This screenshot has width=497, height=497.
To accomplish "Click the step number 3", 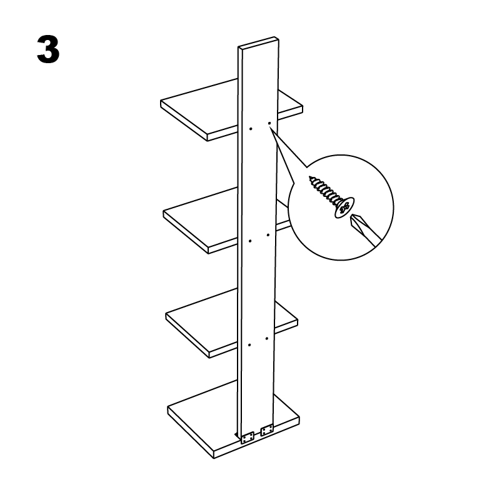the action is tap(48, 49).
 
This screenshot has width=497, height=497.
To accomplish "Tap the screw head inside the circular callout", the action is tap(344, 208).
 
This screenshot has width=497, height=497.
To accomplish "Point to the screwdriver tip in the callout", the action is tap(353, 219).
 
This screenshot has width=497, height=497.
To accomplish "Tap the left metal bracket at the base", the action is tap(247, 438).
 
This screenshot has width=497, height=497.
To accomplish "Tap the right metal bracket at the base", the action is tap(266, 430).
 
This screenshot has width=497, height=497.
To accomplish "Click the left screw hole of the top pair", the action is tap(251, 129).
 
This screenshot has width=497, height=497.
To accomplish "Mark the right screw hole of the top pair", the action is tap(269, 123).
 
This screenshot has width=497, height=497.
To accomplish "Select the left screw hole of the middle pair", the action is tap(250, 241).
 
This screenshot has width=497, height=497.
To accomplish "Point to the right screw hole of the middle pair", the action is tap(268, 235).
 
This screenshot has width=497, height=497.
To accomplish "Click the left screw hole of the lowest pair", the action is tap(249, 345).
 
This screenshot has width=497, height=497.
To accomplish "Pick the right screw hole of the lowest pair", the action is tap(267, 338).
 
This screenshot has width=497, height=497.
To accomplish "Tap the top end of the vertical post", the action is tap(258, 43).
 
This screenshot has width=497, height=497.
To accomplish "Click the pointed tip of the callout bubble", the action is tap(269, 128).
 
